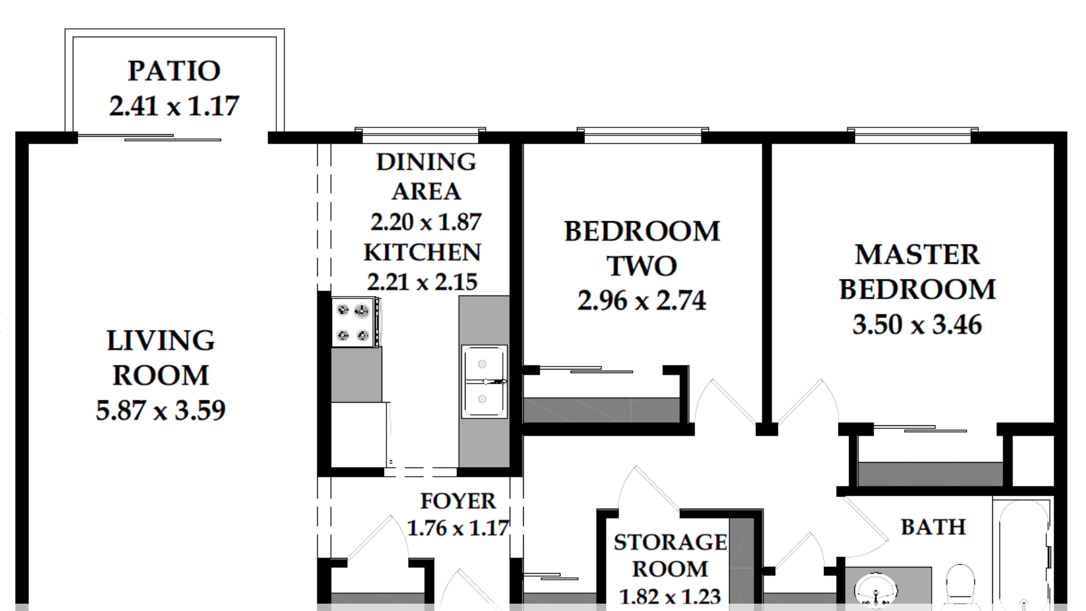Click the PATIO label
(x=174, y=71)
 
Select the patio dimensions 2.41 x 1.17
(x=174, y=106)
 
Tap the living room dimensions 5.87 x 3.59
(x=160, y=411)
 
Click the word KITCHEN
(x=422, y=252)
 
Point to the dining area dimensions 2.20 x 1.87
(x=426, y=222)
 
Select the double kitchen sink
(x=484, y=382)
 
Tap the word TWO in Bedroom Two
(x=642, y=266)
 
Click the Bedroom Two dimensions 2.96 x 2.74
(x=642, y=301)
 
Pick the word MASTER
(x=917, y=255)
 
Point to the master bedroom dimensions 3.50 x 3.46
(x=917, y=325)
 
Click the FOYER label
(x=458, y=501)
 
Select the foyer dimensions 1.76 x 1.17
(x=458, y=528)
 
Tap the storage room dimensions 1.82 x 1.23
(x=670, y=596)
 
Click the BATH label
(x=933, y=527)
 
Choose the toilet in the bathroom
(x=960, y=585)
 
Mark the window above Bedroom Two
(x=643, y=135)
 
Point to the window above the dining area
(x=420, y=135)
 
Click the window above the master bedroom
(x=913, y=135)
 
